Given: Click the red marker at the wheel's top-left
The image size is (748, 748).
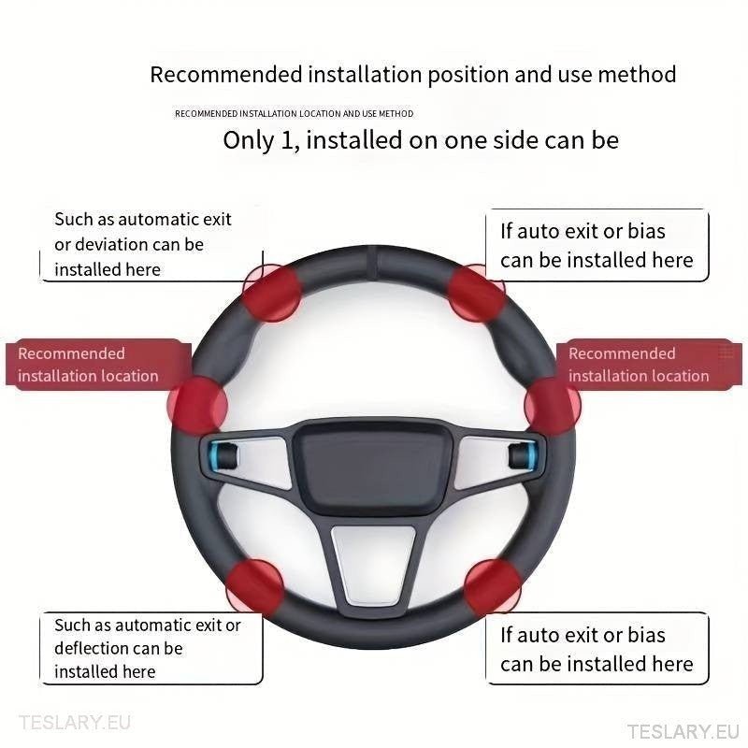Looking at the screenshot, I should (x=271, y=292).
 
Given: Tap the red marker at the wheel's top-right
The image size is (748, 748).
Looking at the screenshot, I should (x=477, y=292).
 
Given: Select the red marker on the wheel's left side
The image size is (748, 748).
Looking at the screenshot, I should (x=197, y=405).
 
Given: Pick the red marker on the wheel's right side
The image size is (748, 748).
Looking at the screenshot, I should (x=553, y=405).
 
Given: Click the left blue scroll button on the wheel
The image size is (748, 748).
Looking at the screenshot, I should (x=224, y=456).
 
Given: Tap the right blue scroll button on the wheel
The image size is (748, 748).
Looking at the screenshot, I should (x=520, y=455).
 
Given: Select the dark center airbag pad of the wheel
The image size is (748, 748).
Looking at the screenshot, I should (x=372, y=466).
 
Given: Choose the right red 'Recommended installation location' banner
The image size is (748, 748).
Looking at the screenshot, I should (x=645, y=365).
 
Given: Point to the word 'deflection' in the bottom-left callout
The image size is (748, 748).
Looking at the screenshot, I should (x=92, y=649).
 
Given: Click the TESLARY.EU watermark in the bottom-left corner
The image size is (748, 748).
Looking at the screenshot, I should (x=74, y=723).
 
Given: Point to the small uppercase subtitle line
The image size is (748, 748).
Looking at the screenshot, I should (x=294, y=114).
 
